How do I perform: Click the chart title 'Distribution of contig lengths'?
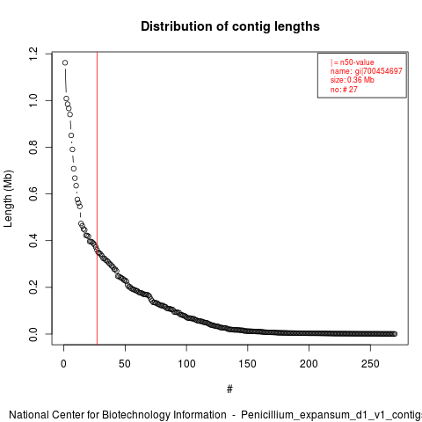coord(230,26)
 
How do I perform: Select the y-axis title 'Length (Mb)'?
coord(9,199)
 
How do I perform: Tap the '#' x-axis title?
coord(229,389)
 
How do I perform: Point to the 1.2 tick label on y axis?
coord(33,55)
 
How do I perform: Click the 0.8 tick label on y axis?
coord(33,147)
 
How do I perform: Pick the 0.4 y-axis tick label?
coord(33,241)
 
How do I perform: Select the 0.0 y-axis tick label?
coord(33,334)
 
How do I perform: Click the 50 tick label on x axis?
coord(125,364)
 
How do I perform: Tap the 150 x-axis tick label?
coord(247,364)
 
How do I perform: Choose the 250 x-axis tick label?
coord(370,364)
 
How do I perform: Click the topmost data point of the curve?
coord(65,62)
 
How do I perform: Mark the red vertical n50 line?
coord(97,199)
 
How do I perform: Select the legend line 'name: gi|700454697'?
coord(367,71)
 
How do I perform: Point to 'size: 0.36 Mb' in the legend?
coord(353,80)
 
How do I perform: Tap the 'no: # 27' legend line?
coord(344,89)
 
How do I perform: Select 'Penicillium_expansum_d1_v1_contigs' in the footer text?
coord(331,415)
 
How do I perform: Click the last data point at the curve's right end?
coord(395,334)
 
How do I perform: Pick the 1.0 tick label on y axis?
coord(33,101)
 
